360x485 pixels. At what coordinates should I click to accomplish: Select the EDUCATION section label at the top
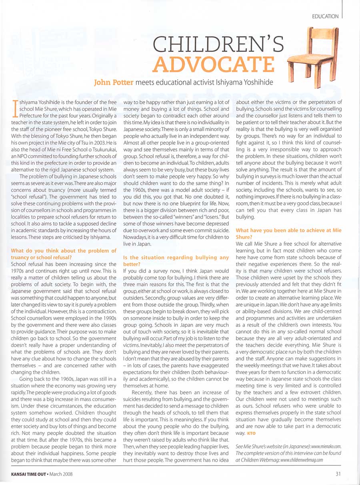point(325,17)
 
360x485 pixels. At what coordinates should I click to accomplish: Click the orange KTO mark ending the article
point(251,433)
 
